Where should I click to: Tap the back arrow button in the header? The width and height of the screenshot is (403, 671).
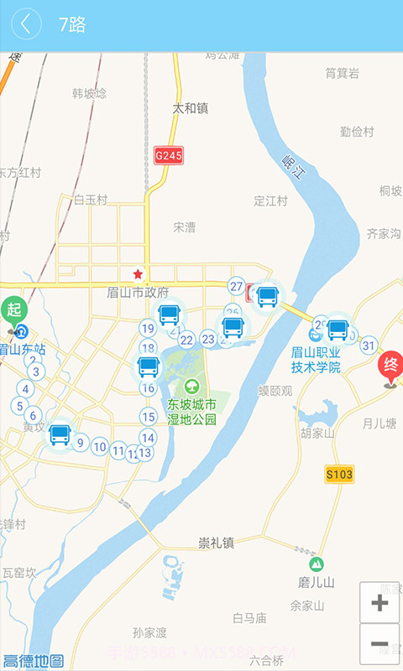pos(26,24)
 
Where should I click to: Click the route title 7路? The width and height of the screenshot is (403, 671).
pos(72,25)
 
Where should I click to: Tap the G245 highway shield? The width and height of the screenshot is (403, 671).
pos(168,155)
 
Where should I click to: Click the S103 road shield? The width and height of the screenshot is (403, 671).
pos(339,475)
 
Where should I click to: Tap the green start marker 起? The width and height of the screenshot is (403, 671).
pos(13,309)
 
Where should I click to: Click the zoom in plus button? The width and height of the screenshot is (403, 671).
pos(379,602)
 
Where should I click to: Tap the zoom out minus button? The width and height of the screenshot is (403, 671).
pos(379,645)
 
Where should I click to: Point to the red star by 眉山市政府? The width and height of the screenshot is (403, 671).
pos(138,274)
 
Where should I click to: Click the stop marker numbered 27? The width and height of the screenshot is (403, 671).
pos(237,286)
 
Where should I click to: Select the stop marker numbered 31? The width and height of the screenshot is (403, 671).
pos(368,345)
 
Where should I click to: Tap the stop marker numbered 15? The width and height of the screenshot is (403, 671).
pos(149,417)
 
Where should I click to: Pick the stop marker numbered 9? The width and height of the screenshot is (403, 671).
pos(81,443)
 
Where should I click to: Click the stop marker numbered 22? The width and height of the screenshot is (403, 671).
pos(186,340)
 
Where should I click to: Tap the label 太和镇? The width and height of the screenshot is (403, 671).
pos(190,108)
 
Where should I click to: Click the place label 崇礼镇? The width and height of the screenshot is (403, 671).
pos(216,542)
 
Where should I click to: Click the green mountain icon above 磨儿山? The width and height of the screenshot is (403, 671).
pos(317,564)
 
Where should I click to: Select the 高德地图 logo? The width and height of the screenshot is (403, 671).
pos(34,661)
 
